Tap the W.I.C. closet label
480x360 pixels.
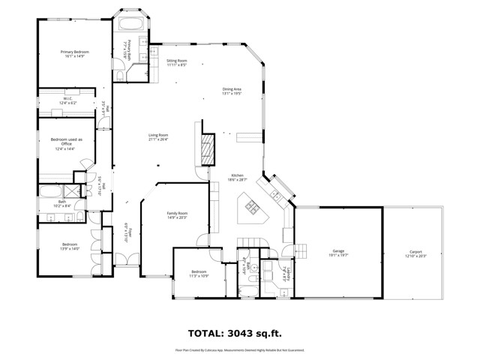click(67, 98)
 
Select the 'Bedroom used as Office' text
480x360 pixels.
click(66, 142)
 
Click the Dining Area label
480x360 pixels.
click(232, 89)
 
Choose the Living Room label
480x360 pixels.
click(158, 135)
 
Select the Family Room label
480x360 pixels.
click(177, 213)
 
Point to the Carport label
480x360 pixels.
click(415, 251)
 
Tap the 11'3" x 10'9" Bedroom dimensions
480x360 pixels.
click(199, 276)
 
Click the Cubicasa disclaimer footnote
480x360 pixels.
click(239, 349)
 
